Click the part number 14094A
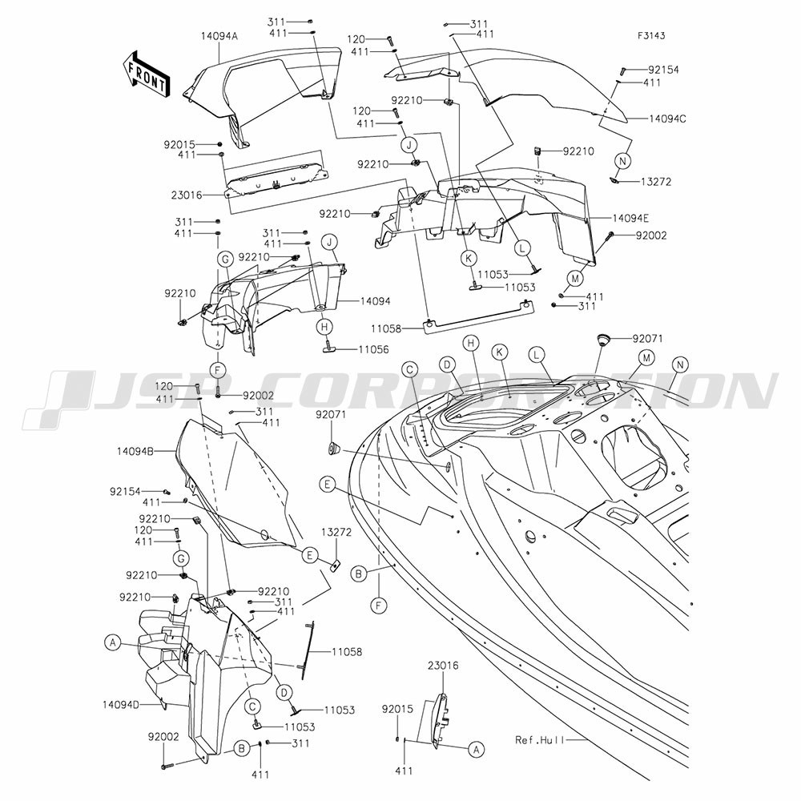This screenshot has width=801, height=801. pos(219,36)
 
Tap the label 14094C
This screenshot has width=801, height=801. pos(667,119)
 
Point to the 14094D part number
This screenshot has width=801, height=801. pos(121,704)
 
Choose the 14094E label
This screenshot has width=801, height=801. pos(631,219)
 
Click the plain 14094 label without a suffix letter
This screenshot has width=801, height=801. pos(375,301)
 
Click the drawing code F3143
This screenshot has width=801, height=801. pos(651,36)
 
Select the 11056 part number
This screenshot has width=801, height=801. pos(373,349)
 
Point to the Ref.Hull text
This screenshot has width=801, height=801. pos(539,739)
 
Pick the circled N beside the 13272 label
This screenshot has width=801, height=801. pos(622,161)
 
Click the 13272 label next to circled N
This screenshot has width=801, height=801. pos(656,182)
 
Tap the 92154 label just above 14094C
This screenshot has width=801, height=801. pos(663,70)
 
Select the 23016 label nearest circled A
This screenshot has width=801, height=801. pos(443,666)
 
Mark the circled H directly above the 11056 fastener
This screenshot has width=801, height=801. pos(325,326)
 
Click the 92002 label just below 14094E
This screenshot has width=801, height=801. pos(651,235)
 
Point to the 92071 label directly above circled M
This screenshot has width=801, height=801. pos(648,338)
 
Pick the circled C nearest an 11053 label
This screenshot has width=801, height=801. pos(252,706)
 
